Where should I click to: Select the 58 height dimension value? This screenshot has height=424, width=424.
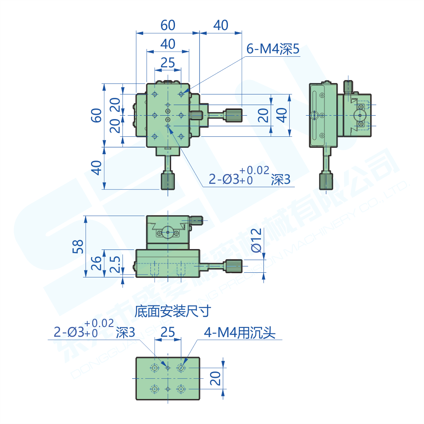(x=78, y=246)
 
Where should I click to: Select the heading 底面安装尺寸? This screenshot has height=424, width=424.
(x=172, y=312)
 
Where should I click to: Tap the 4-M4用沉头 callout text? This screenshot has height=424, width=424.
(x=240, y=333)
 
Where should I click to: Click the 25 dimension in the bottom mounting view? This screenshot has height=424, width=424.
(x=168, y=332)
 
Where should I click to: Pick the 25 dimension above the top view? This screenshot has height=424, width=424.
(x=168, y=63)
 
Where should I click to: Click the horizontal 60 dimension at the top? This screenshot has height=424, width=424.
(x=168, y=25)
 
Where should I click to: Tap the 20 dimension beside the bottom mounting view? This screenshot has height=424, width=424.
(x=216, y=378)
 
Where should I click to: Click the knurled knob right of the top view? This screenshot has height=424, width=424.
(x=233, y=115)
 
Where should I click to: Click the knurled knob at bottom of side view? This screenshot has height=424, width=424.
(x=326, y=181)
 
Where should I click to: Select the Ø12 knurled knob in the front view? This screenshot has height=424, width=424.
(x=234, y=266)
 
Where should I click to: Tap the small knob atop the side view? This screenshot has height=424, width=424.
(x=348, y=87)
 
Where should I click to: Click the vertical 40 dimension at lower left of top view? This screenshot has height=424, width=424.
(x=97, y=168)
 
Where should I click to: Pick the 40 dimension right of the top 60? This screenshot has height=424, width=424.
(x=221, y=25)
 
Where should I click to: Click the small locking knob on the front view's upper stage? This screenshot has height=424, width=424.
(x=196, y=220)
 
